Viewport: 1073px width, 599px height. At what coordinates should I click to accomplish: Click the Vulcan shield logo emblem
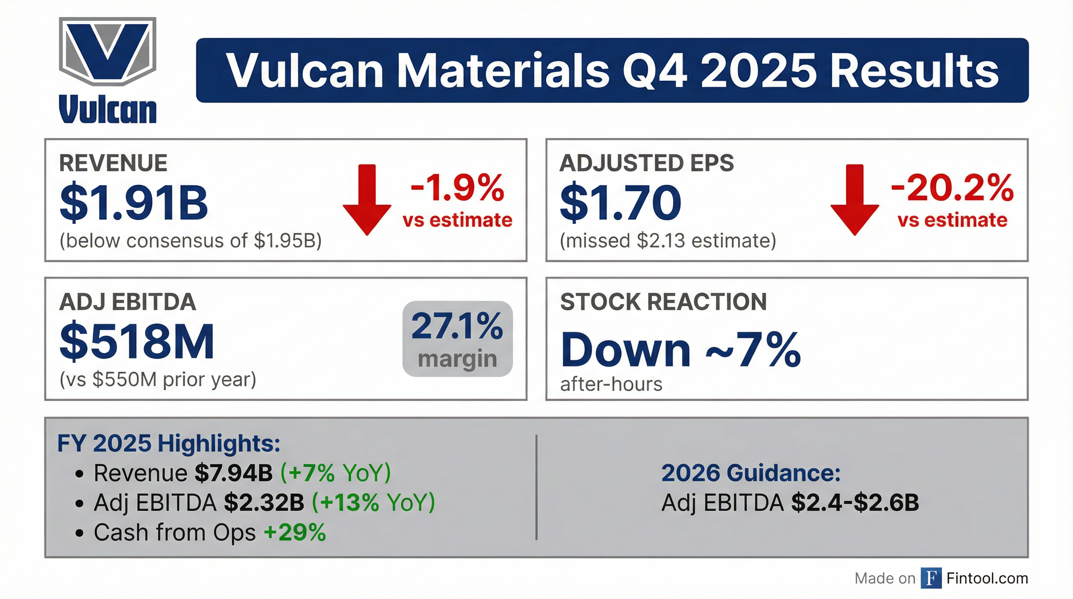pos(108,51)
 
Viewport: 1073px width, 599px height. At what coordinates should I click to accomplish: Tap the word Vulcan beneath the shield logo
pos(108,109)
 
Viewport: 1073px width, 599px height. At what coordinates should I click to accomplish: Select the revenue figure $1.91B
pos(133,202)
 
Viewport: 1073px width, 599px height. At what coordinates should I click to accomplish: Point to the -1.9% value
pos(457,188)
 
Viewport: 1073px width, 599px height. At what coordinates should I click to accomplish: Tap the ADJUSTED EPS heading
pos(646,163)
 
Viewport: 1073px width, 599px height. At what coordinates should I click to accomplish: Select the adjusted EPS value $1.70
pos(620,202)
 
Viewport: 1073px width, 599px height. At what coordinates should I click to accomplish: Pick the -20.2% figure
pos(952,188)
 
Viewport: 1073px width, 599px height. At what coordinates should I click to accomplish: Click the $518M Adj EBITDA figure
pos(136,341)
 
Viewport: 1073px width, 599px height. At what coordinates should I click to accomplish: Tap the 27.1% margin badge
pos(457,339)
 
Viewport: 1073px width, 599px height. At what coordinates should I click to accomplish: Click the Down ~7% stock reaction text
pos(680,349)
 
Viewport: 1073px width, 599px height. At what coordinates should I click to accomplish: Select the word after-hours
pos(611,384)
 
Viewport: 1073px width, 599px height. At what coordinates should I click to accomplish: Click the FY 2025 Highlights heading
pos(168,443)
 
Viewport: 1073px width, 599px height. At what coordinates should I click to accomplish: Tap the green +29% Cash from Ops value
pos(294,532)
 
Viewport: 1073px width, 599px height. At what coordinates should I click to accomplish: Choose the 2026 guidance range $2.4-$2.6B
pos(855,503)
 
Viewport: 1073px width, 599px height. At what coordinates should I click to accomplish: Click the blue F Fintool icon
pos(931,578)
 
